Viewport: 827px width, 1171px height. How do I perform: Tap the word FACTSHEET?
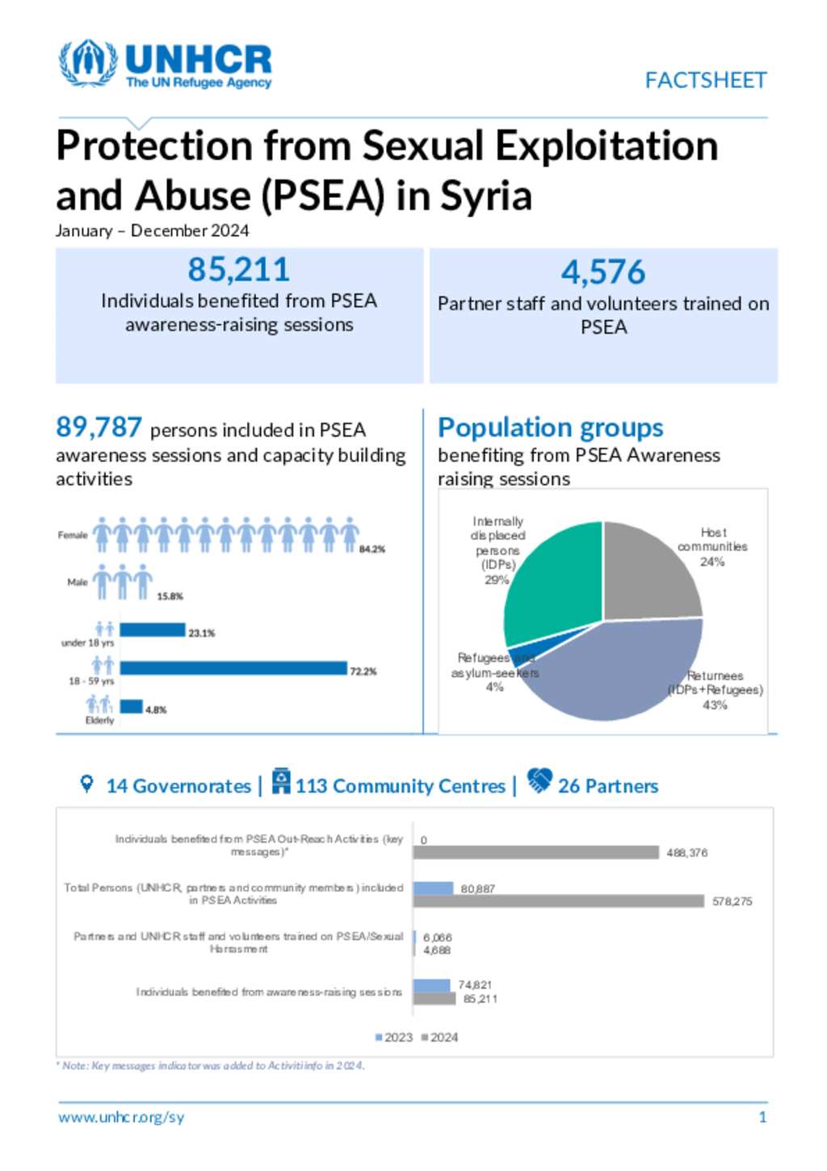pyautogui.click(x=705, y=80)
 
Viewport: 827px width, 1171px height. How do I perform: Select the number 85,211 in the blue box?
pyautogui.click(x=238, y=270)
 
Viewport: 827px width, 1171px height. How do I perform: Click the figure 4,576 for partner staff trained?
pyautogui.click(x=603, y=272)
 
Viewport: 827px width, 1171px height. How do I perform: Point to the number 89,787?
pyautogui.click(x=99, y=427)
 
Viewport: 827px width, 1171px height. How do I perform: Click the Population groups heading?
pyautogui.click(x=550, y=428)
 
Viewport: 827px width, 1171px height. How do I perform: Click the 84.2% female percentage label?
pyautogui.click(x=372, y=550)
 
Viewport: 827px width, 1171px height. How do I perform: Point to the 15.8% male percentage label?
pyautogui.click(x=170, y=596)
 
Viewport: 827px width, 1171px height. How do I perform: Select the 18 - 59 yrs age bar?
pyautogui.click(x=233, y=668)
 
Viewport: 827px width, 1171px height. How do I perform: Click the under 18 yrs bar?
pyautogui.click(x=153, y=630)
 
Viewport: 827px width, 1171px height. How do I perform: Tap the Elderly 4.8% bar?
pyautogui.click(x=132, y=707)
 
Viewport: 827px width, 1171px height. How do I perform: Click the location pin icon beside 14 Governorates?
pyautogui.click(x=86, y=784)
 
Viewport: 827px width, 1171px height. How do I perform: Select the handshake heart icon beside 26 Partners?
pyautogui.click(x=539, y=781)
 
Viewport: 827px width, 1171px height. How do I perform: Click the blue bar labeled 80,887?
pyautogui.click(x=433, y=888)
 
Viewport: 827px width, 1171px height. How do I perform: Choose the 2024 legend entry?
pyautogui.click(x=440, y=1037)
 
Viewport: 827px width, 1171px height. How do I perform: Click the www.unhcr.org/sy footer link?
pyautogui.click(x=121, y=1118)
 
